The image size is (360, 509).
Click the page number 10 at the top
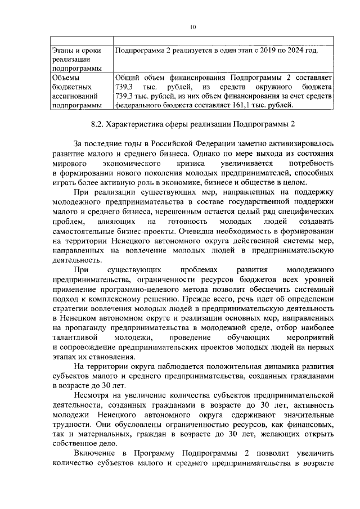point(192,26)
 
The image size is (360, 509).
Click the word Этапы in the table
point(63,51)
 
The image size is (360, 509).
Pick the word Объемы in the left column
point(65,77)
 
